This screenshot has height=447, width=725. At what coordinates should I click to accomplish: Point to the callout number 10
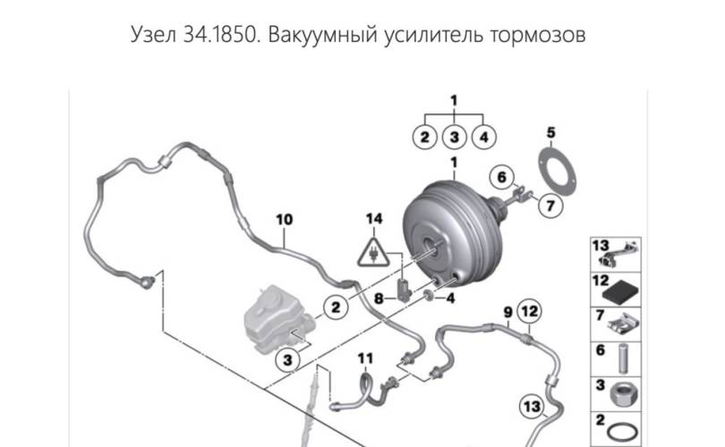tap(284, 218)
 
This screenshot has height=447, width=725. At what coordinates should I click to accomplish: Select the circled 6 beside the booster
tap(502, 176)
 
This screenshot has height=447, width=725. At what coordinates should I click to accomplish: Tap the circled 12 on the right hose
tap(530, 312)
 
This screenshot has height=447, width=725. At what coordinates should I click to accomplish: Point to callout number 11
tap(364, 358)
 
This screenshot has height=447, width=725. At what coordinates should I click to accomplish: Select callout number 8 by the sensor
tap(379, 299)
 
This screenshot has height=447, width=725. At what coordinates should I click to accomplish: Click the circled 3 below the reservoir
tap(286, 360)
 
